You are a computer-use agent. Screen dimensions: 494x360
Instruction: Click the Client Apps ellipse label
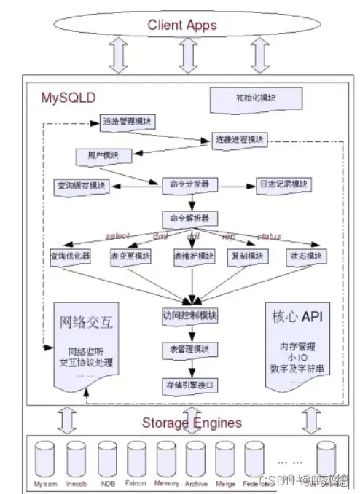pos(182,25)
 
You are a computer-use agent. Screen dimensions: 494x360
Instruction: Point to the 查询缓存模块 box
pos(82,186)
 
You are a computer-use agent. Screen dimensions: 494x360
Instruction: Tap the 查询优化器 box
pos(70,256)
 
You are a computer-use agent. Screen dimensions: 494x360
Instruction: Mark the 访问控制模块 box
pos(190,316)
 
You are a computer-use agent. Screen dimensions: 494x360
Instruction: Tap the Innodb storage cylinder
pos(77,460)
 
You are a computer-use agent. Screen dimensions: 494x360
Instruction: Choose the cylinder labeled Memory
pos(166,460)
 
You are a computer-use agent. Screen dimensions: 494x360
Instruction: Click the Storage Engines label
pos(191,423)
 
